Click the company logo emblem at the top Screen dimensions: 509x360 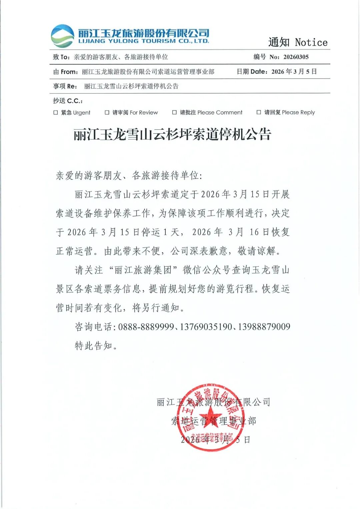coord(62,36)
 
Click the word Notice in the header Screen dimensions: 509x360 coord(311,43)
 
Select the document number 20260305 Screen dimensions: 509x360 coord(296,57)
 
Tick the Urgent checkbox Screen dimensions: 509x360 coord(56,113)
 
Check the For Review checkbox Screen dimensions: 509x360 coord(107,113)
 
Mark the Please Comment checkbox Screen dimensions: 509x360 coord(174,113)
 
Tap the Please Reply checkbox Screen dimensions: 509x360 coord(259,113)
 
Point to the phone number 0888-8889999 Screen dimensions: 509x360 coord(146,327)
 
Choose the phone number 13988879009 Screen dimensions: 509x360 coord(264,327)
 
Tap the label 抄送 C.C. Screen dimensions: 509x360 coord(68,101)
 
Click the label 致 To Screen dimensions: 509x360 coord(61,57)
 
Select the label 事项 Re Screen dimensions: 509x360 coord(65,86)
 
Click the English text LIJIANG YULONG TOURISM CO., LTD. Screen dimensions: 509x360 coord(144,41)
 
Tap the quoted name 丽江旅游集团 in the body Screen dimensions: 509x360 coord(143,270)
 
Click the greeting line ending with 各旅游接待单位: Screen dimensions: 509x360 coord(129,175)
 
